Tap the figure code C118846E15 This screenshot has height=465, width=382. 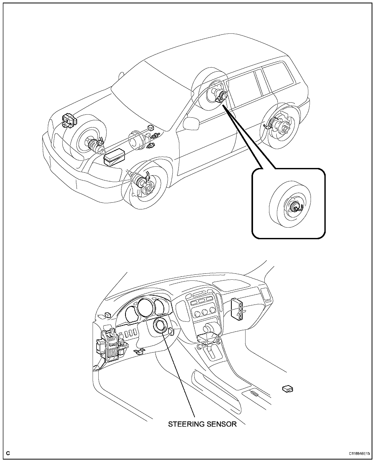[359, 453]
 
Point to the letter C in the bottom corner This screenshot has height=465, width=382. [8, 453]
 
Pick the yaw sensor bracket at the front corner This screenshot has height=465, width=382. [69, 121]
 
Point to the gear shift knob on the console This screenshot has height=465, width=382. [207, 329]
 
